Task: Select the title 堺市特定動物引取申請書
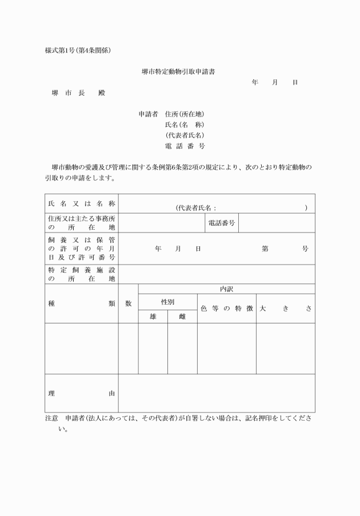pyautogui.click(x=178, y=72)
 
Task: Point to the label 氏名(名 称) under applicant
pyautogui.click(x=184, y=125)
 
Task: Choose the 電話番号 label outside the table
pyautogui.click(x=185, y=146)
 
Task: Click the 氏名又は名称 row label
pyautogui.click(x=82, y=203)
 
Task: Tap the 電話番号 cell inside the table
pyautogui.click(x=221, y=223)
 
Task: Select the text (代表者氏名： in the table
pyautogui.click(x=196, y=208)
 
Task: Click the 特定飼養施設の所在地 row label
pyautogui.click(x=82, y=274)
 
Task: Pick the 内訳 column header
pyautogui.click(x=226, y=289)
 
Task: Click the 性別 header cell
pyautogui.click(x=167, y=302)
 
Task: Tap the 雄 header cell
pyautogui.click(x=153, y=317)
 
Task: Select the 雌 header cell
pyautogui.click(x=182, y=317)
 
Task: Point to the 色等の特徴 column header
pyautogui.click(x=226, y=309)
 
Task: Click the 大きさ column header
pyautogui.click(x=285, y=309)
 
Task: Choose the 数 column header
pyautogui.click(x=129, y=303)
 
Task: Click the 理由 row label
pyautogui.click(x=82, y=393)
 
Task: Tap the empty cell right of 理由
pyautogui.click(x=217, y=393)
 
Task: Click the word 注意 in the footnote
pyautogui.click(x=52, y=418)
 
